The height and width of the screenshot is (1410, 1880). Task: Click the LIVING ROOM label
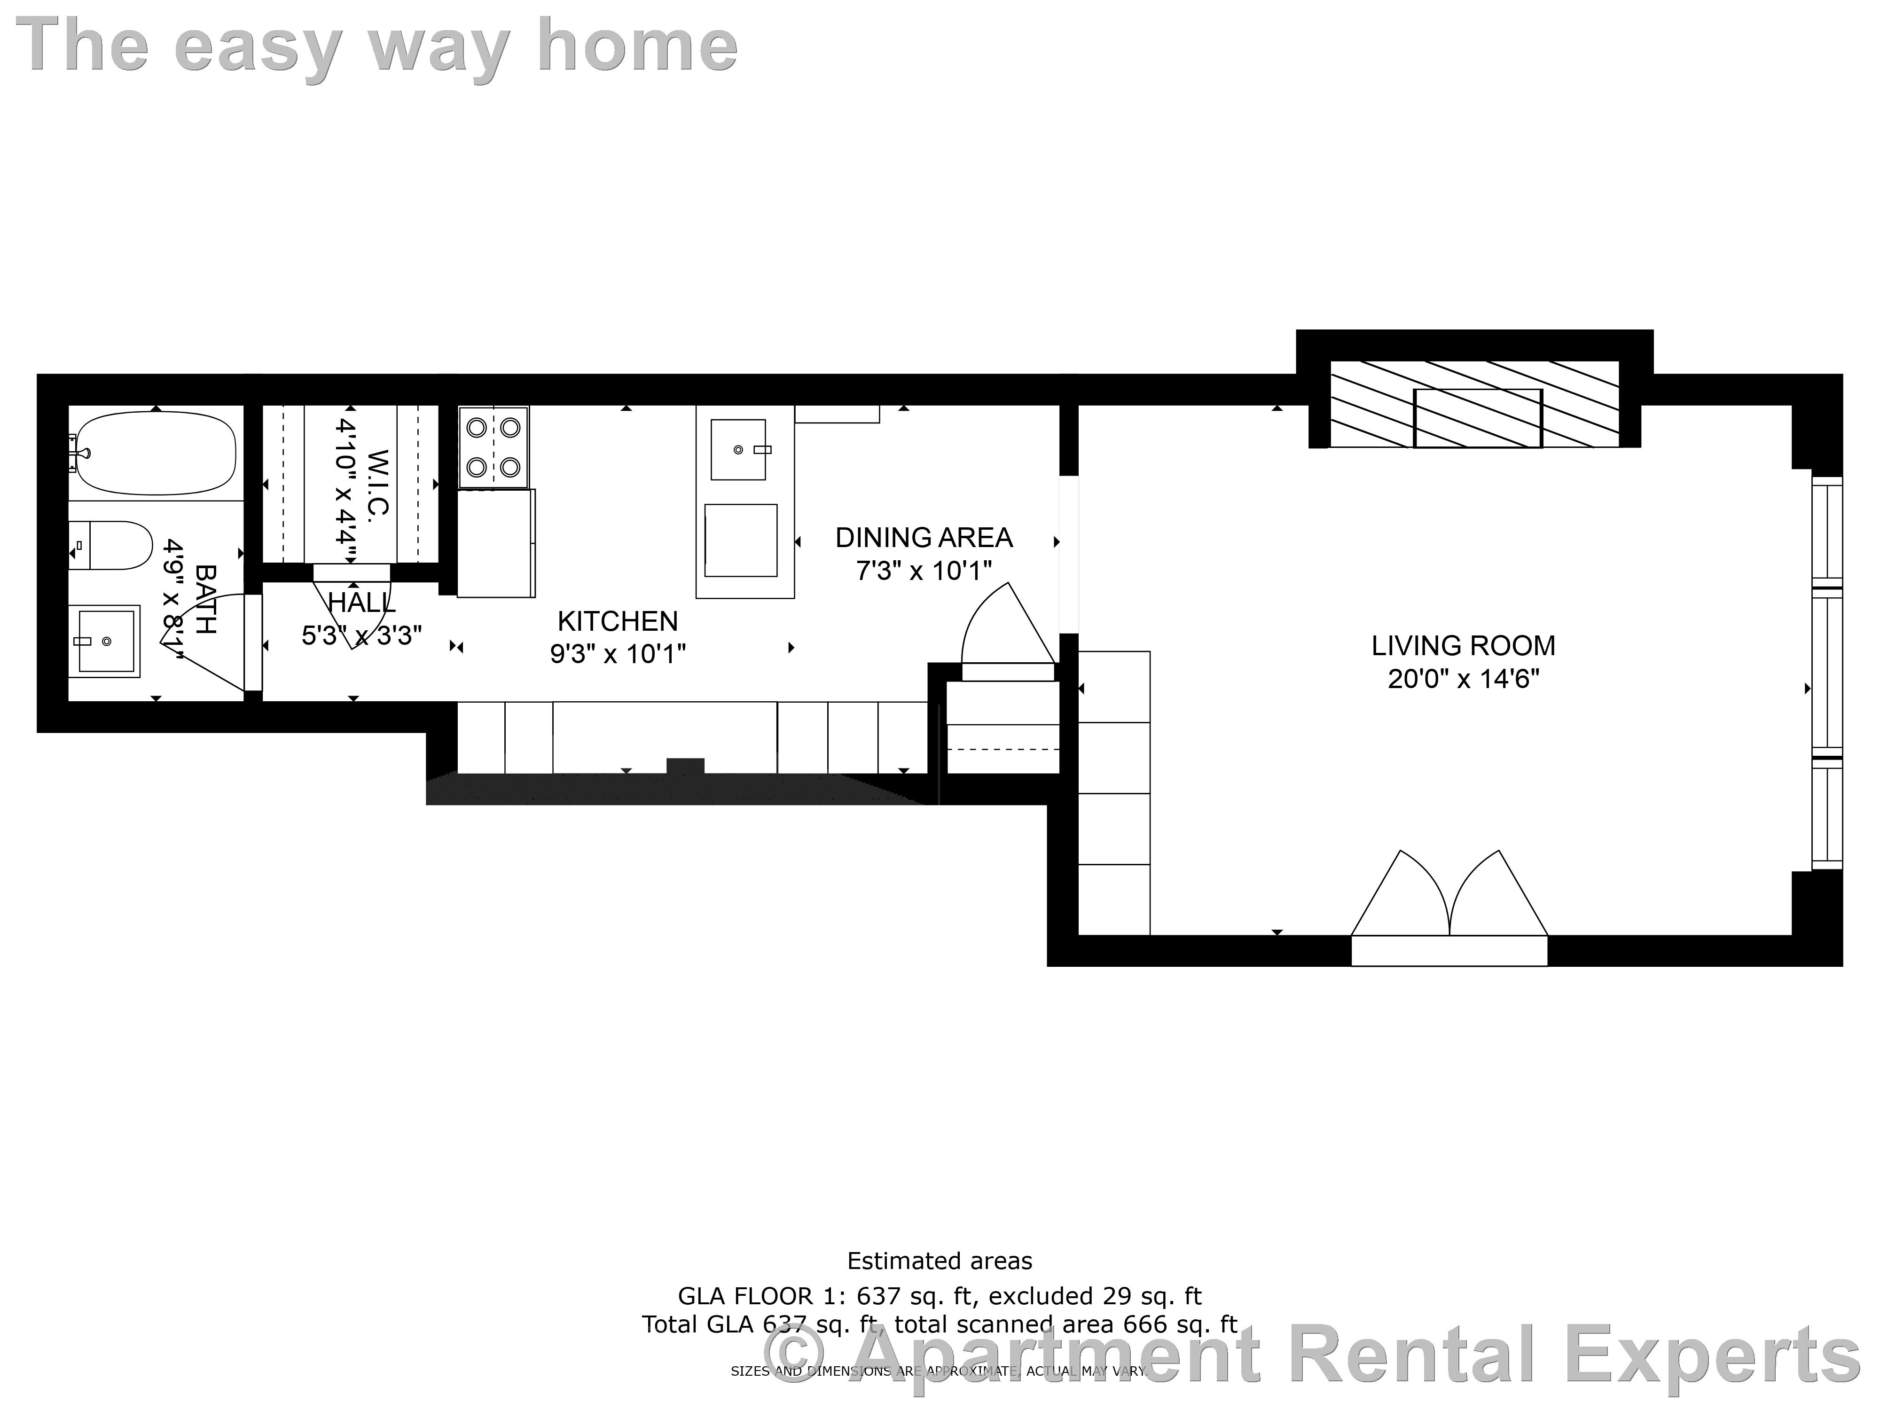tap(1463, 646)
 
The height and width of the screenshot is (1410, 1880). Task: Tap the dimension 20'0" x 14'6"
tap(1463, 679)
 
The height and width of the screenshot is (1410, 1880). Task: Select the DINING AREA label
tap(924, 538)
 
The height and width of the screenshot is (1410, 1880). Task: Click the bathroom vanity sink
tap(104, 641)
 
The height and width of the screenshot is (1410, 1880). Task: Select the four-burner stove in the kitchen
tap(493, 447)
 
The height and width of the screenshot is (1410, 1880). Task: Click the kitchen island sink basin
tap(738, 449)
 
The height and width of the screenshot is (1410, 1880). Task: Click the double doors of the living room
tap(1449, 901)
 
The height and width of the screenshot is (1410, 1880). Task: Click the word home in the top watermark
tap(637, 47)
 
